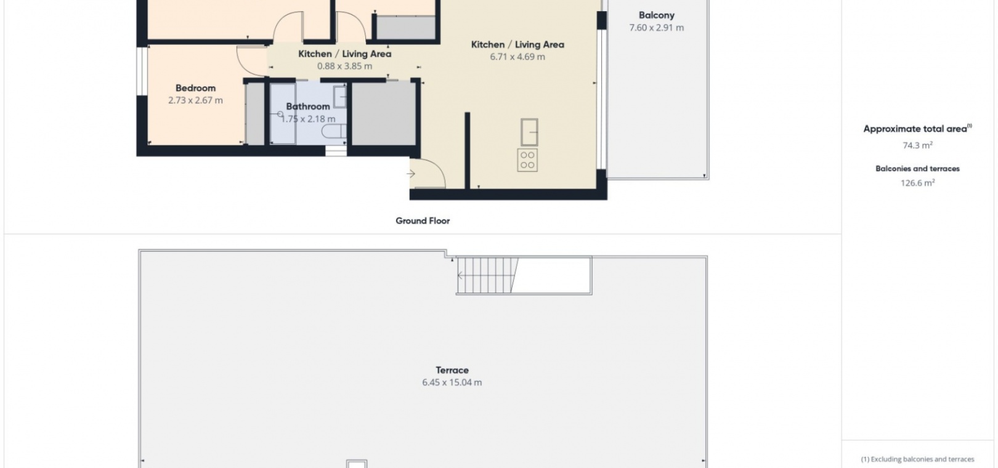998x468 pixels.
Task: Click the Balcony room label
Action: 656,15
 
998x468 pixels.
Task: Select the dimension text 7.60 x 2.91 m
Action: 656,28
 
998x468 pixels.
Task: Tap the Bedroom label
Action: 195,88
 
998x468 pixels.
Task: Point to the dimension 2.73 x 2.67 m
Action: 195,100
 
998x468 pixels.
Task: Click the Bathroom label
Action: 308,107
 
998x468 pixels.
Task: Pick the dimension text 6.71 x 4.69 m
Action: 517,57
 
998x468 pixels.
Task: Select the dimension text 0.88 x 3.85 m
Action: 344,66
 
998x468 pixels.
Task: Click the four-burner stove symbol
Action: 527,160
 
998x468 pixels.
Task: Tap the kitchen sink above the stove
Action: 529,132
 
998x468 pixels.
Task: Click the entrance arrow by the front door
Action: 412,174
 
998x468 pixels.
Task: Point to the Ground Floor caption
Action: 423,221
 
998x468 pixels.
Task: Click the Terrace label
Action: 452,370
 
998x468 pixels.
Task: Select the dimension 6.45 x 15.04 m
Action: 452,382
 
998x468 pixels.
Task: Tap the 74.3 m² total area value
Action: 917,145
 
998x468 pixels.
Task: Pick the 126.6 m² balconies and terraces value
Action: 917,182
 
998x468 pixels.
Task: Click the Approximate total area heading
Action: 917,129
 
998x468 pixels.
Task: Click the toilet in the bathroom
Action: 334,131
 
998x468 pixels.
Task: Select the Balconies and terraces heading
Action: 917,169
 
